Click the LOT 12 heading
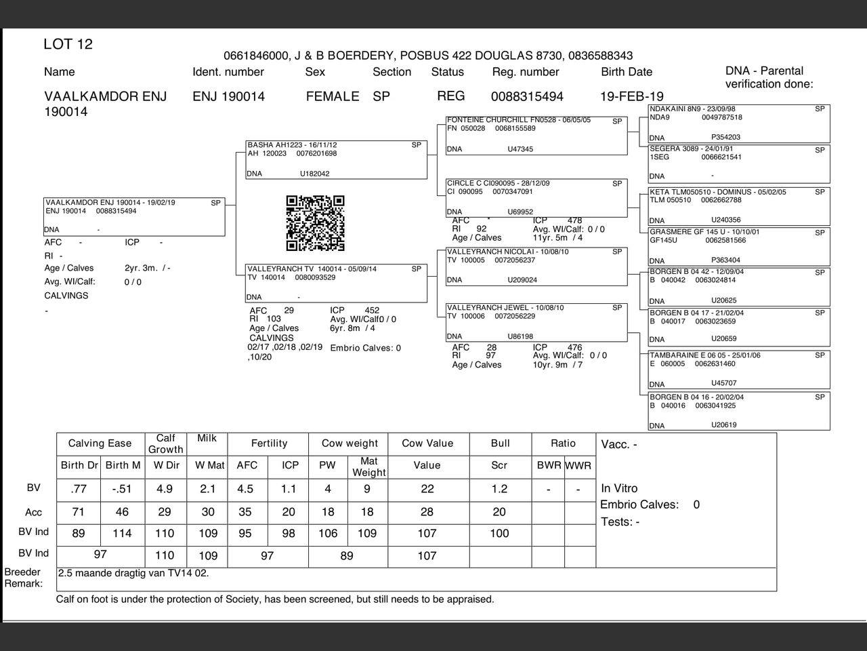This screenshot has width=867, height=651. (68, 45)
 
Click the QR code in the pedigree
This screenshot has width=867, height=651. (315, 223)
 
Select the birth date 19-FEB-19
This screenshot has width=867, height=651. (632, 96)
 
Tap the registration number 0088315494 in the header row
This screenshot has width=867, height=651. (527, 96)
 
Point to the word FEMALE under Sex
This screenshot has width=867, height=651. (332, 96)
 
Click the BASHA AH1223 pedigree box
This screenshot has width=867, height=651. (336, 159)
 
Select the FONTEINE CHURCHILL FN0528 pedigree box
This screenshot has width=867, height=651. (536, 135)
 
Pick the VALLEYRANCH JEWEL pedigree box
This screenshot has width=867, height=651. (536, 322)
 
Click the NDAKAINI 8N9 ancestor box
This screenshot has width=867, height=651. (738, 123)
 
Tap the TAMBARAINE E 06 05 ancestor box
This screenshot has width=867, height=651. (738, 370)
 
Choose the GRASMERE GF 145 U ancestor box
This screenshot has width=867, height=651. (738, 246)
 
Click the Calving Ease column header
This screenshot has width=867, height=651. (100, 443)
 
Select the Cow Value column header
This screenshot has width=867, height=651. (427, 443)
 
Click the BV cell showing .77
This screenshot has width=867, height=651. (79, 489)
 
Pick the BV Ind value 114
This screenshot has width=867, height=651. (122, 534)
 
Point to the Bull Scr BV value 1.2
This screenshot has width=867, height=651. (499, 489)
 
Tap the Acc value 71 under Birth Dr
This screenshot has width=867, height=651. (79, 512)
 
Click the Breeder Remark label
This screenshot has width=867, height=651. (23, 578)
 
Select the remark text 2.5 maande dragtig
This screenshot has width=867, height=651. (133, 573)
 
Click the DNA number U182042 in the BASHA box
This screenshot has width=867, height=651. (315, 174)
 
